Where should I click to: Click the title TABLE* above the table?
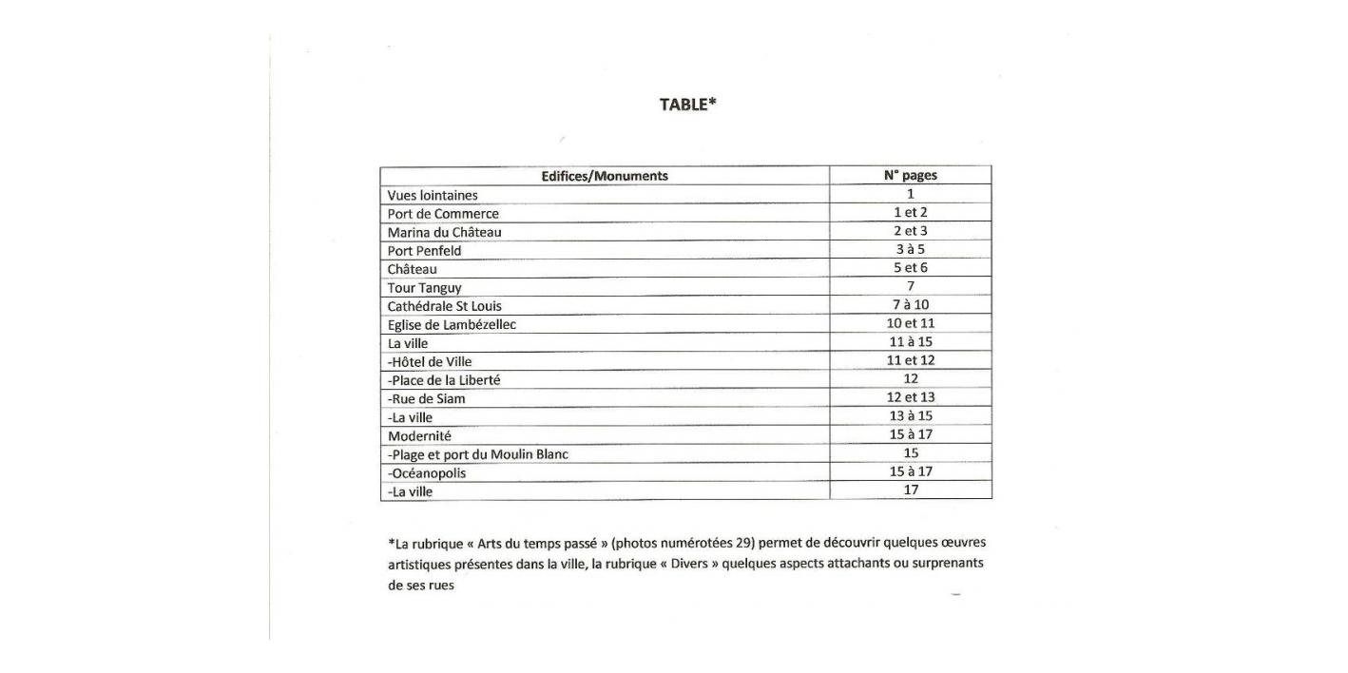(x=687, y=105)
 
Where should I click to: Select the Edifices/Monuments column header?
(x=605, y=176)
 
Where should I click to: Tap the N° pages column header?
(x=910, y=175)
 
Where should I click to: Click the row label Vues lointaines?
(x=433, y=196)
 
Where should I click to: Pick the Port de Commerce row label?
(x=443, y=214)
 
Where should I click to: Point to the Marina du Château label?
(x=444, y=232)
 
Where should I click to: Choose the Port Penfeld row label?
(x=424, y=251)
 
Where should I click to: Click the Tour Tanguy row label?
(x=424, y=288)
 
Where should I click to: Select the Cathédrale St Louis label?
(x=444, y=306)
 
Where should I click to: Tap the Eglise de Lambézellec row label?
(x=452, y=325)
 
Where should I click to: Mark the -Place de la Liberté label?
(x=444, y=380)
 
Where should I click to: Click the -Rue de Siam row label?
(x=427, y=399)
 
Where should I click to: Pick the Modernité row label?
(x=419, y=436)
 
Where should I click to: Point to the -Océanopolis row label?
(x=427, y=473)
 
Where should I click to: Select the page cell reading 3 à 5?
(x=910, y=250)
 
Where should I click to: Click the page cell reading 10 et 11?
(x=910, y=323)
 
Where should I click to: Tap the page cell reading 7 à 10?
(x=910, y=305)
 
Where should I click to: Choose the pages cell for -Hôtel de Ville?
(x=910, y=360)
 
